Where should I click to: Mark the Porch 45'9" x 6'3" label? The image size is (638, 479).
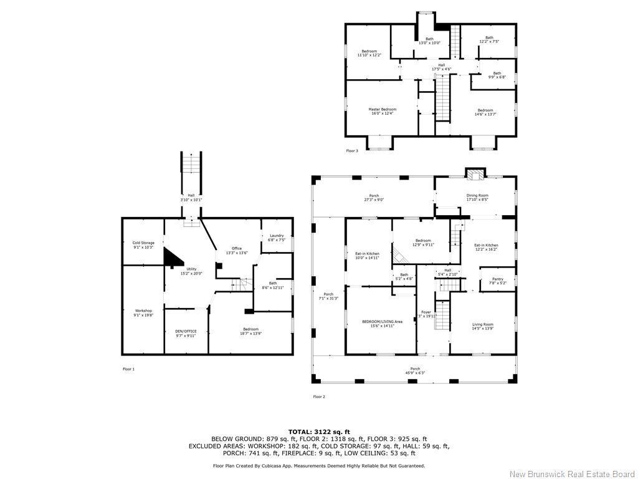(415, 370)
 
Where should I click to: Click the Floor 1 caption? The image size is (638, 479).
(128, 369)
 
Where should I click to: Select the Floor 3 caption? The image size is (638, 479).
(352, 150)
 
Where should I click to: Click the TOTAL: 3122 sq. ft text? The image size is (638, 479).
(319, 432)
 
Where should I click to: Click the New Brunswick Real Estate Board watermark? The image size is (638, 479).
(571, 474)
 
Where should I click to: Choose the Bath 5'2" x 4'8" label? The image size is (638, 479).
(404, 276)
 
